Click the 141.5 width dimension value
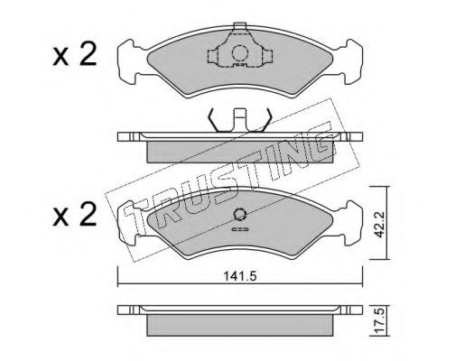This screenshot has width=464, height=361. pyautogui.click(x=240, y=276)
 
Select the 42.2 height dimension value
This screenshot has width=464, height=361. pyautogui.click(x=379, y=224)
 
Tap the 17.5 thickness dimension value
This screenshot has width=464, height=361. pyautogui.click(x=379, y=321)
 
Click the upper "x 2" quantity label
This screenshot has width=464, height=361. pyautogui.click(x=75, y=54)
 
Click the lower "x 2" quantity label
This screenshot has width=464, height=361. pyautogui.click(x=75, y=214)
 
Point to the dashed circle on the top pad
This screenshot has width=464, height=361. pyautogui.click(x=240, y=53)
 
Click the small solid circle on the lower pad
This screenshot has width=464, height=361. pyautogui.click(x=240, y=214)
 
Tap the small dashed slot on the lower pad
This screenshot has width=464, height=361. pyautogui.click(x=240, y=230)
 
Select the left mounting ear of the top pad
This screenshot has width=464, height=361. pyautogui.click(x=130, y=61)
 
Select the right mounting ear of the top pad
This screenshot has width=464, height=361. pyautogui.click(x=350, y=61)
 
